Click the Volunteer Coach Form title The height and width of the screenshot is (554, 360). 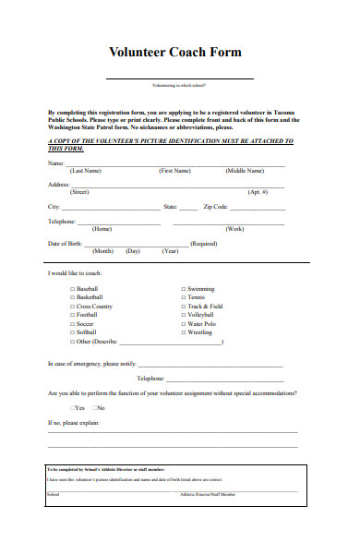[x=175, y=53]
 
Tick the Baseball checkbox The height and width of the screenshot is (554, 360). [x=73, y=289]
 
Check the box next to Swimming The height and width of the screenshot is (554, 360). [x=184, y=289]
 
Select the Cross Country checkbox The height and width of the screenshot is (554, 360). [x=73, y=307]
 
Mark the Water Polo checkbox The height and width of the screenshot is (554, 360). [x=184, y=324]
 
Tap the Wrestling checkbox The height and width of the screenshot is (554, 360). [x=184, y=332]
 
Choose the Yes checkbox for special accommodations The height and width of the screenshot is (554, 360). [x=73, y=407]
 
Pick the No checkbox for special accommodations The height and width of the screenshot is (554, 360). [x=93, y=407]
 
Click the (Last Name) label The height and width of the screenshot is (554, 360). [x=86, y=171]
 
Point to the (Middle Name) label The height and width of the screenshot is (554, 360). [x=244, y=171]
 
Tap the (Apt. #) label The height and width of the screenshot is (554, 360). [x=258, y=192]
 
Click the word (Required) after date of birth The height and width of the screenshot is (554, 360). [x=203, y=244]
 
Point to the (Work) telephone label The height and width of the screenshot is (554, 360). [x=235, y=228]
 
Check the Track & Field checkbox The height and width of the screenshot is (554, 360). [x=184, y=307]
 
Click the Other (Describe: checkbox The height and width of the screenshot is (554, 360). [x=73, y=342]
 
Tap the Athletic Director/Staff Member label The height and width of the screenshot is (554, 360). [x=208, y=495]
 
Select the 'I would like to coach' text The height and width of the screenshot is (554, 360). [x=75, y=273]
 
